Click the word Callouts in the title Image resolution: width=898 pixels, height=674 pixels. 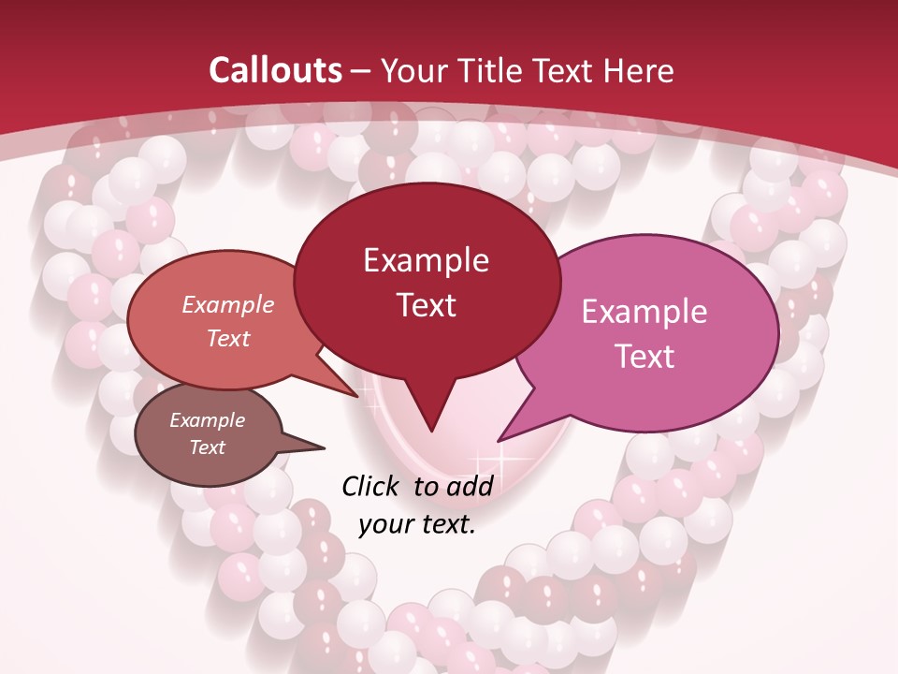(x=276, y=70)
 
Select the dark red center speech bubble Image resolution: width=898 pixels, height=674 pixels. (x=426, y=234)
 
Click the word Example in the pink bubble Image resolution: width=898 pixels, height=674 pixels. (x=645, y=312)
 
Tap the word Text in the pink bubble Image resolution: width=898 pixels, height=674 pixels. (x=645, y=356)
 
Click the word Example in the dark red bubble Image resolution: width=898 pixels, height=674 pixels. (x=426, y=260)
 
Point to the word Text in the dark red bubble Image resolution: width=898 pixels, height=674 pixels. (x=426, y=305)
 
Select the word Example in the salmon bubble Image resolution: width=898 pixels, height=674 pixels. (x=227, y=305)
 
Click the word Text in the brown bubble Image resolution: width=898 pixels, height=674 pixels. (x=207, y=447)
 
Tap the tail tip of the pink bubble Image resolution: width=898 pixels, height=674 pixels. (x=500, y=440)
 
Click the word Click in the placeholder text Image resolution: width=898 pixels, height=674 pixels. (x=372, y=486)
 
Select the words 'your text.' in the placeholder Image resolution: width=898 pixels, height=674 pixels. (x=417, y=524)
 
